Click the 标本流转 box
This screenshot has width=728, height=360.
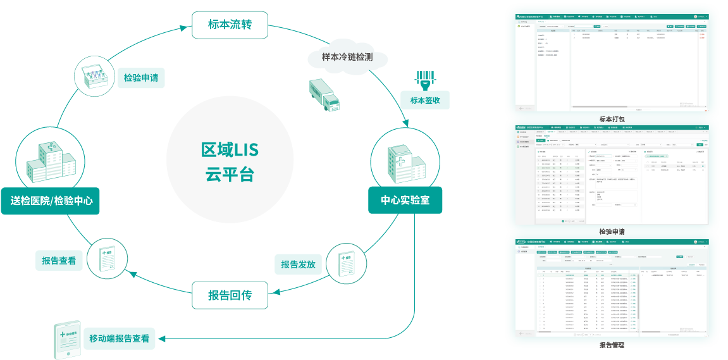pyautogui.click(x=230, y=25)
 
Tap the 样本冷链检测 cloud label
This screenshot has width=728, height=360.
pyautogui.click(x=347, y=57)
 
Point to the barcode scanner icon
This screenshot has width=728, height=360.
pyautogui.click(x=425, y=79)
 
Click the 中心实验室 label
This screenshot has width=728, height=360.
pyautogui.click(x=405, y=201)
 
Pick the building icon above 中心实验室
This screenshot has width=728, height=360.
pyautogui.click(x=405, y=162)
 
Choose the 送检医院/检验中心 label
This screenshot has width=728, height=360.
pyautogui.click(x=51, y=201)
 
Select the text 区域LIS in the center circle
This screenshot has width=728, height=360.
pyautogui.click(x=230, y=151)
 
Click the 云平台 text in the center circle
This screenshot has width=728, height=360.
pyautogui.click(x=230, y=175)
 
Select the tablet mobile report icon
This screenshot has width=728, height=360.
pyautogui.click(x=67, y=339)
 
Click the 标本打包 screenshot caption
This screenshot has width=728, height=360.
pyautogui.click(x=612, y=119)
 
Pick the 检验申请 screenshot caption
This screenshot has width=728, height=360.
pyautogui.click(x=612, y=232)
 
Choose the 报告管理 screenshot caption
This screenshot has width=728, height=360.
pyautogui.click(x=612, y=345)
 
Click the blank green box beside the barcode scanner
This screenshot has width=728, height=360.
pyautogui.click(x=425, y=100)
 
